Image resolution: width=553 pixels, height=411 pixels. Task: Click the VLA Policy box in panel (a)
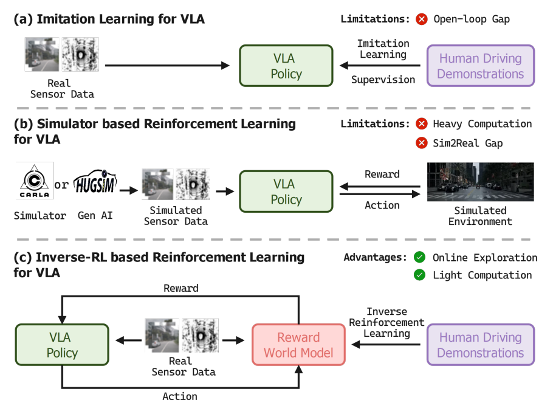tap(286, 66)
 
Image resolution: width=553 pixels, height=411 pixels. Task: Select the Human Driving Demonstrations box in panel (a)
tap(481, 66)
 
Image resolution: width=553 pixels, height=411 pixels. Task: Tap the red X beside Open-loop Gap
tap(422, 19)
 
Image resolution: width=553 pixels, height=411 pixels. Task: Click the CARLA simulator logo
tap(35, 181)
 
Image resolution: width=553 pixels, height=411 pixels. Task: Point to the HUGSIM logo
tap(95, 182)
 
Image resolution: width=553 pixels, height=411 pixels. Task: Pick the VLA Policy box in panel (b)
tap(286, 192)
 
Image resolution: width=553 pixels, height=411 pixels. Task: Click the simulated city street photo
tap(480, 182)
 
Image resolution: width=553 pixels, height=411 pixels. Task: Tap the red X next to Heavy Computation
tap(422, 124)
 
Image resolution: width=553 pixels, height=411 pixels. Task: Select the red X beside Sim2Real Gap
tap(422, 143)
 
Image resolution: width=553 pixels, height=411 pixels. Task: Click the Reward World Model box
tap(298, 345)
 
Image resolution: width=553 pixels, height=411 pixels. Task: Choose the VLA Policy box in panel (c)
tap(62, 345)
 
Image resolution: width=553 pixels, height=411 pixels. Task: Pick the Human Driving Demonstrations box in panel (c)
tap(481, 345)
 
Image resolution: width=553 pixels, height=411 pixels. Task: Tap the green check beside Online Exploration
tap(420, 257)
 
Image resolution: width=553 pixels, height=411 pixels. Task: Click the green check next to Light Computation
tap(420, 275)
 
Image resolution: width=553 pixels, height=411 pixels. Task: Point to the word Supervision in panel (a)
tap(383, 80)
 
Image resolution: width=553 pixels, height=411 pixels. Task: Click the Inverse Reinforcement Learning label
tap(386, 322)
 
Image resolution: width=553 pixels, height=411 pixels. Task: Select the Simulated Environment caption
tap(480, 216)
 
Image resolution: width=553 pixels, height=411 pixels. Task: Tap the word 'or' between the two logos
tap(61, 184)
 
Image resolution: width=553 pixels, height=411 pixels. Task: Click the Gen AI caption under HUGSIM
tap(95, 215)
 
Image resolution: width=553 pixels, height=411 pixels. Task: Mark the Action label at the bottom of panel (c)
tap(180, 396)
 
